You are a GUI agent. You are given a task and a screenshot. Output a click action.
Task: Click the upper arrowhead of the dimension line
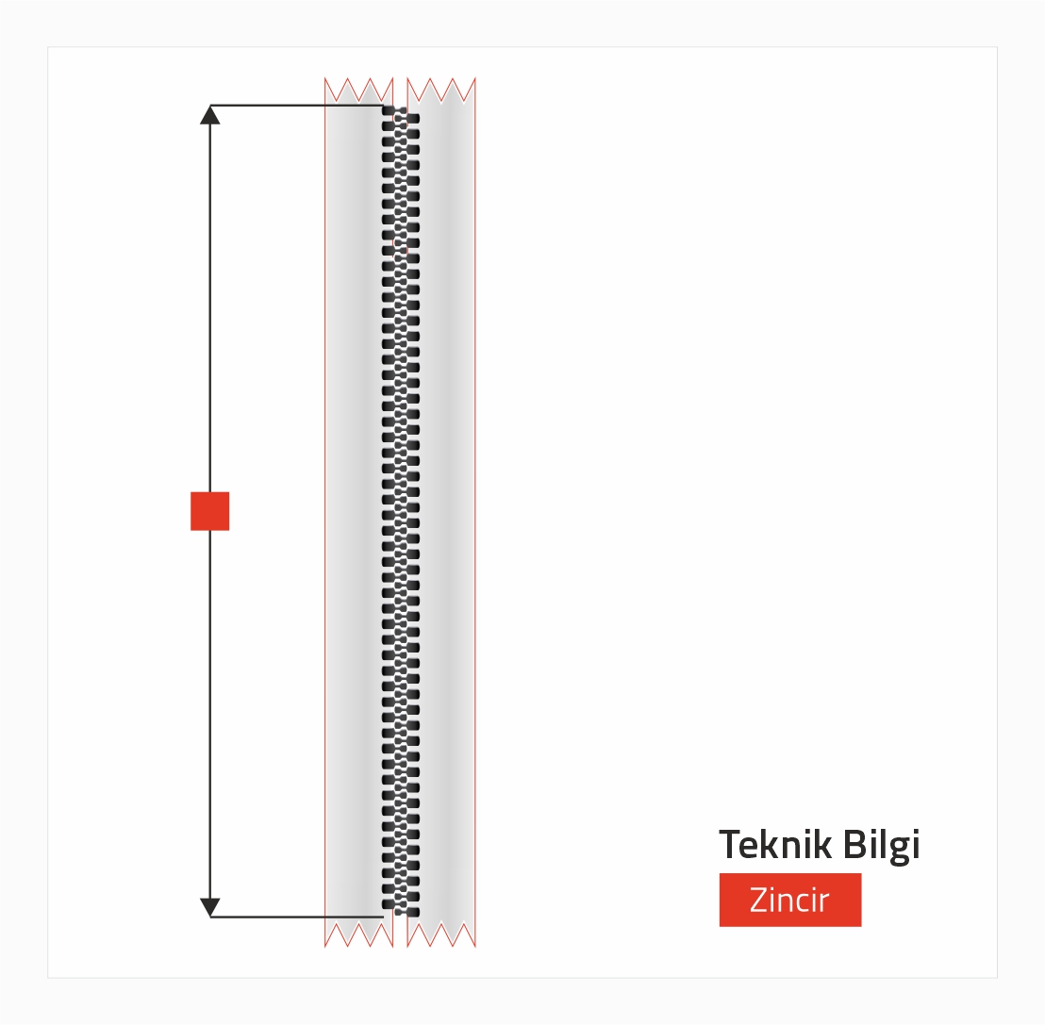click(x=210, y=115)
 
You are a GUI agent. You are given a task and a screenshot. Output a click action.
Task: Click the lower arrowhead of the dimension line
click(x=210, y=907)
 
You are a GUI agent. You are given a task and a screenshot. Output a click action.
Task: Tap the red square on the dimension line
click(x=210, y=511)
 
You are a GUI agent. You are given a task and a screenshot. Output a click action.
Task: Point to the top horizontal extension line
click(x=296, y=106)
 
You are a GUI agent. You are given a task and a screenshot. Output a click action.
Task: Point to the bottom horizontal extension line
click(x=296, y=918)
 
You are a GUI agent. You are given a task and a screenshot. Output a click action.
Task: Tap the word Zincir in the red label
click(x=789, y=900)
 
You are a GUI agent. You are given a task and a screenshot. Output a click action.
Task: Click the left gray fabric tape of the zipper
click(x=354, y=511)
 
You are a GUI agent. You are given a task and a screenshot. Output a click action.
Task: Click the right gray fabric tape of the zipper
click(x=446, y=511)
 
